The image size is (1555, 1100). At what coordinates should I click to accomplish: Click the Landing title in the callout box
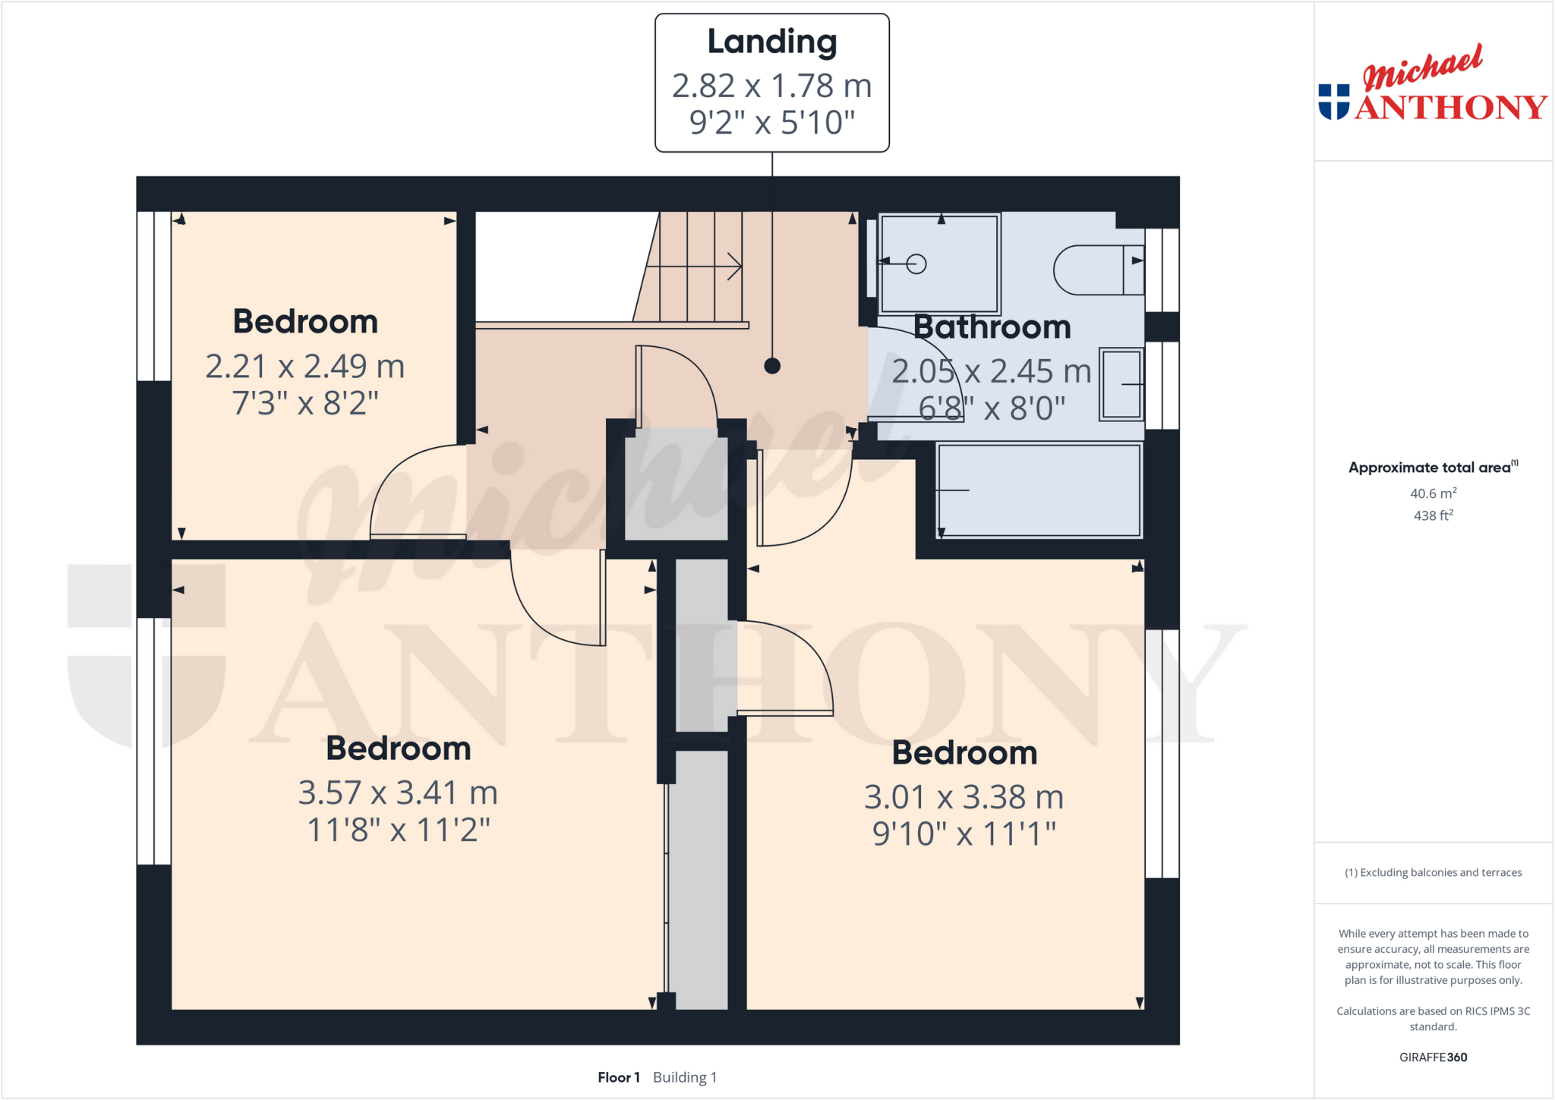[x=771, y=42]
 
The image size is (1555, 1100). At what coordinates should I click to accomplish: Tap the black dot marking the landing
[x=772, y=366]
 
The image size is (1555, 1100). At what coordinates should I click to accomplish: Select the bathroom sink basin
[x=1121, y=384]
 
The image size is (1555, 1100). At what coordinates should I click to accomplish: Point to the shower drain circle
[x=916, y=264]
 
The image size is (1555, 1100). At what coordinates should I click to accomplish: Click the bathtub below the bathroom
[x=1039, y=490]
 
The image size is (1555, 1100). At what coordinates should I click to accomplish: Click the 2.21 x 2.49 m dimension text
[x=305, y=367]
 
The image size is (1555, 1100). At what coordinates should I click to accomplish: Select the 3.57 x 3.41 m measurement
[x=398, y=793]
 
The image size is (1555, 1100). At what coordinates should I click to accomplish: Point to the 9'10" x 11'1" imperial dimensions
[x=964, y=834]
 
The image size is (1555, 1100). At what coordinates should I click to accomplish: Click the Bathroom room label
[x=992, y=327]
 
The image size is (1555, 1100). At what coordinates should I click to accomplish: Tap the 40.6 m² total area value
[x=1433, y=493]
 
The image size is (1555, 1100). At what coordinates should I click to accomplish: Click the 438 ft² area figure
[x=1433, y=515]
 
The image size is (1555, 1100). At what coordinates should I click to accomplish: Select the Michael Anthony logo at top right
[x=1432, y=84]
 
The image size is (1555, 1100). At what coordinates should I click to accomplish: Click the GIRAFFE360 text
[x=1433, y=1057]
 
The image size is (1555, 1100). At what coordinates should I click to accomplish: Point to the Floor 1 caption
[x=619, y=1077]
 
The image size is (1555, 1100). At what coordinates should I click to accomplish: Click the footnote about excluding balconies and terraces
[x=1433, y=872]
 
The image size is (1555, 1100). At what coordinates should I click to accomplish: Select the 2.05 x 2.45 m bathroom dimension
[x=991, y=372]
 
